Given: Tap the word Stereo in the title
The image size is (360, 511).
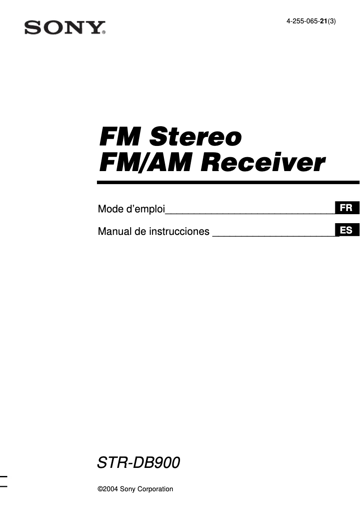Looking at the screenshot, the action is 196,136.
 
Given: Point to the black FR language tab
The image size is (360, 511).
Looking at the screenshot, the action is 347,208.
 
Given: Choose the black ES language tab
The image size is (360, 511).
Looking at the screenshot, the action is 347,230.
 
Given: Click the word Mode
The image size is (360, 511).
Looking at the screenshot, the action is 110,209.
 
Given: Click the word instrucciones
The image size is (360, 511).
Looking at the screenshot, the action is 179,232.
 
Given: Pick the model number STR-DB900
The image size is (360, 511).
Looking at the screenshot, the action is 139,463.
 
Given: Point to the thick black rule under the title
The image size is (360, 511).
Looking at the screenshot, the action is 228,182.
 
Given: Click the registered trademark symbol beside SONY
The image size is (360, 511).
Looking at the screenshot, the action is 104,32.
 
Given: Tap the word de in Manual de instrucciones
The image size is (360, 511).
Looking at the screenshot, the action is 141,232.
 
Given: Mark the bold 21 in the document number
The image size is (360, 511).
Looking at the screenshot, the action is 323,21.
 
